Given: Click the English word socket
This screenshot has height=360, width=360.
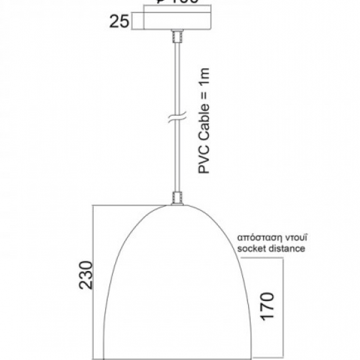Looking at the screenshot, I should tap(251, 249).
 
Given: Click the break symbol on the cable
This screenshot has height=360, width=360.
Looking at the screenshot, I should tap(175, 119).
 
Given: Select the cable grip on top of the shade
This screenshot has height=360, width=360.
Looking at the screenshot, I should tap(175, 198).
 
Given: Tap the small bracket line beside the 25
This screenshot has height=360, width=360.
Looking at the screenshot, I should tap(132, 21).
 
